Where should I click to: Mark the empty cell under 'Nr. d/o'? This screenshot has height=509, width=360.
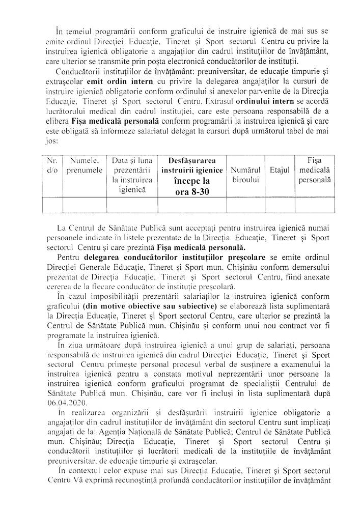[x=51, y=205]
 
